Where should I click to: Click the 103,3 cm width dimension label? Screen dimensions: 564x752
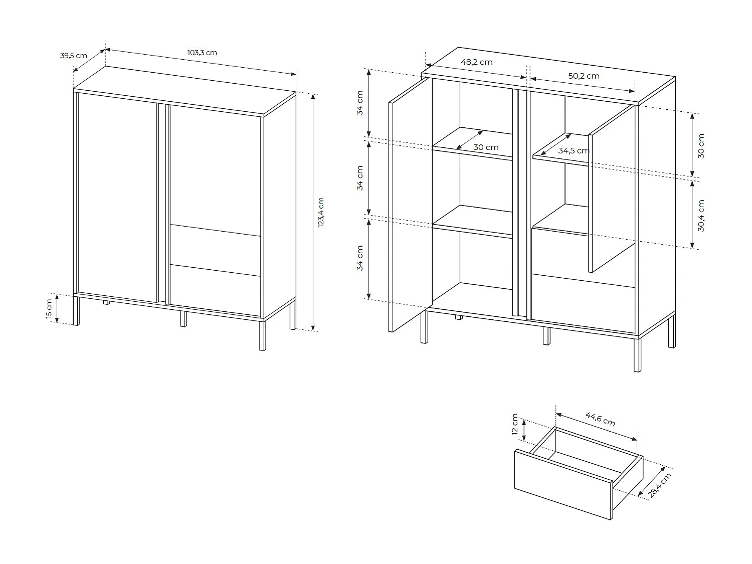point(202,53)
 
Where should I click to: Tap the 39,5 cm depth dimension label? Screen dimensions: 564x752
point(74,55)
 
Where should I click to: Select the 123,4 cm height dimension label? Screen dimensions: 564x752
point(321,212)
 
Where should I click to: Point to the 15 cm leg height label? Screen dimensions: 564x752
point(49,308)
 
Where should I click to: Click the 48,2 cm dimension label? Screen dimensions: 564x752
point(476,62)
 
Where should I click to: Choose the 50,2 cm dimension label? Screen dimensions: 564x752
point(584,76)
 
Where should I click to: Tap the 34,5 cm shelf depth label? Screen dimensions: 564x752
point(574,150)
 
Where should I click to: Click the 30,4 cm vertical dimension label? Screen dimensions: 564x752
point(701,216)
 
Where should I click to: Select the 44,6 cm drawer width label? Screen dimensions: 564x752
point(600,419)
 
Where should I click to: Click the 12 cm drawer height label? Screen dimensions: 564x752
point(515,425)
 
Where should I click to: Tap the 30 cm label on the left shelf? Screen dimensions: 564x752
point(486,147)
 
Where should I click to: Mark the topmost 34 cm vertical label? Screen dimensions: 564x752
point(360,103)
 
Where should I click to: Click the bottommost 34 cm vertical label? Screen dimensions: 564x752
point(360,258)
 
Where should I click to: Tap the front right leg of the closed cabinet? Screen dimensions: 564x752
point(262,334)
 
